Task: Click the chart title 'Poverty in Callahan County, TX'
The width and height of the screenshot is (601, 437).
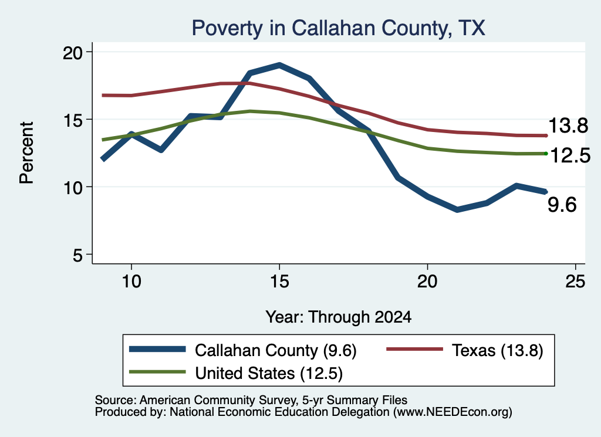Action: (339, 28)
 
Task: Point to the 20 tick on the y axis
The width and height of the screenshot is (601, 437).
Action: (73, 52)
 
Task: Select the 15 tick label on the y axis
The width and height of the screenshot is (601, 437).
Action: (73, 120)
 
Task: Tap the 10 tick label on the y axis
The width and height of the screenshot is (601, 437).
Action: (73, 188)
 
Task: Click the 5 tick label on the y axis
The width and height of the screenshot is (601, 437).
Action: (78, 255)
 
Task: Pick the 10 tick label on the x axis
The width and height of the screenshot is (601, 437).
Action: (131, 282)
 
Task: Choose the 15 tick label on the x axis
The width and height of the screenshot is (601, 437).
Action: (279, 282)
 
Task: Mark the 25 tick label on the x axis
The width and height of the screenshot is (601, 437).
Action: (575, 282)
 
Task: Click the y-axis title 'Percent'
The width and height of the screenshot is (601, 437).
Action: (27, 153)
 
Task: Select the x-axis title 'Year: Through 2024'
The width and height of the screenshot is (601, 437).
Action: (339, 317)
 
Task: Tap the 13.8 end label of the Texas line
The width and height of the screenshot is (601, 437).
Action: (568, 126)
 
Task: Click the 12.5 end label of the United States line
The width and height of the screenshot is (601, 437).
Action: (570, 155)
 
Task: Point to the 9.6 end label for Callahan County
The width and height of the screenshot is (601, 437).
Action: (562, 205)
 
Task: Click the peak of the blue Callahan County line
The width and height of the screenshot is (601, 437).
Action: (279, 66)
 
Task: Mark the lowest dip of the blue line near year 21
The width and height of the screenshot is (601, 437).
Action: (457, 209)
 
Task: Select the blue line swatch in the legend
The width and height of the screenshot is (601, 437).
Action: (157, 349)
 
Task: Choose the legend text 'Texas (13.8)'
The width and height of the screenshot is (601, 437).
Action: (498, 350)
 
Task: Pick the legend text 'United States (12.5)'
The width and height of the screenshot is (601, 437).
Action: (269, 374)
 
